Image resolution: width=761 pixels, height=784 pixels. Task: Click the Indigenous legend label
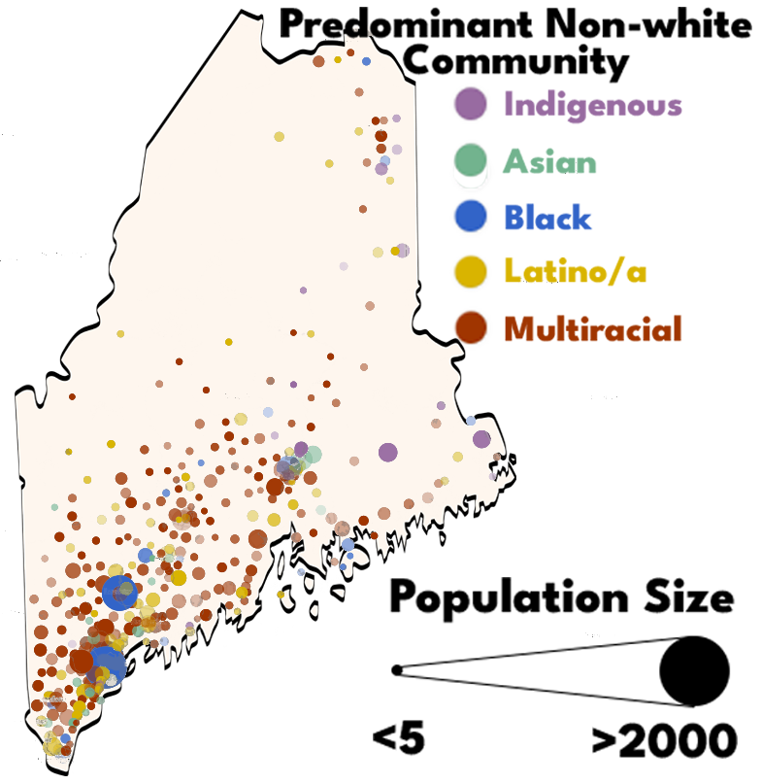pos(592,104)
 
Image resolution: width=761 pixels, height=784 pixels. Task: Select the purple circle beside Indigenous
pos(470,104)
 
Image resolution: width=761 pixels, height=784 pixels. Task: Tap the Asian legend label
pos(549,160)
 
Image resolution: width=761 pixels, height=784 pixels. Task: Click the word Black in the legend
pos(547,218)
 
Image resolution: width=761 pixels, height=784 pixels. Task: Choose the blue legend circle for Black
pos(470,217)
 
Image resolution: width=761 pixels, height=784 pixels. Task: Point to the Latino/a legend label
pos(576,272)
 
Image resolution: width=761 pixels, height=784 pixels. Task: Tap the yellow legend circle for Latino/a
pos(470,272)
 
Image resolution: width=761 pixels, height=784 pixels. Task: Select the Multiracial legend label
pos(593,328)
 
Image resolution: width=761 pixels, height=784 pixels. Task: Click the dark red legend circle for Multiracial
pos(470,328)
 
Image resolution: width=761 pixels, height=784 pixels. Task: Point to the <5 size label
pos(399,739)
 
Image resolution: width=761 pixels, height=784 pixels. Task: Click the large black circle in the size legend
pos(694,670)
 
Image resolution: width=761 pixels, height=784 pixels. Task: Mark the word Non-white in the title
pos(669,22)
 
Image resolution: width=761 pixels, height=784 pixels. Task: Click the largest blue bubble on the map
pos(109,665)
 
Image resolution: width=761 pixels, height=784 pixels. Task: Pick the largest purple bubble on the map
pos(388,452)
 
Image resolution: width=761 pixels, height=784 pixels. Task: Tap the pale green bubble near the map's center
pos(313,455)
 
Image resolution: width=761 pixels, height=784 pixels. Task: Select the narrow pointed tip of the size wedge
pos(394,669)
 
